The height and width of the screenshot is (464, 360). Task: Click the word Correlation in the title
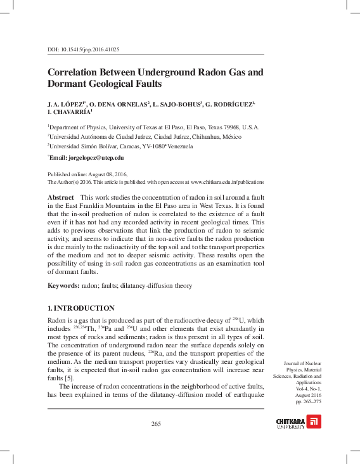click(x=79, y=72)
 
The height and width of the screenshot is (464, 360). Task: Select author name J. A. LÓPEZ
click(x=66, y=103)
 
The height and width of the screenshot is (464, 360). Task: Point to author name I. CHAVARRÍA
click(x=68, y=112)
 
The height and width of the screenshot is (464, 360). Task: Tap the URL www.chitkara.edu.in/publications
click(x=227, y=181)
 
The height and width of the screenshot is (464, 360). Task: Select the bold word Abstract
click(x=61, y=198)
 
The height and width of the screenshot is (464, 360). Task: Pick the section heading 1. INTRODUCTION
click(x=81, y=308)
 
